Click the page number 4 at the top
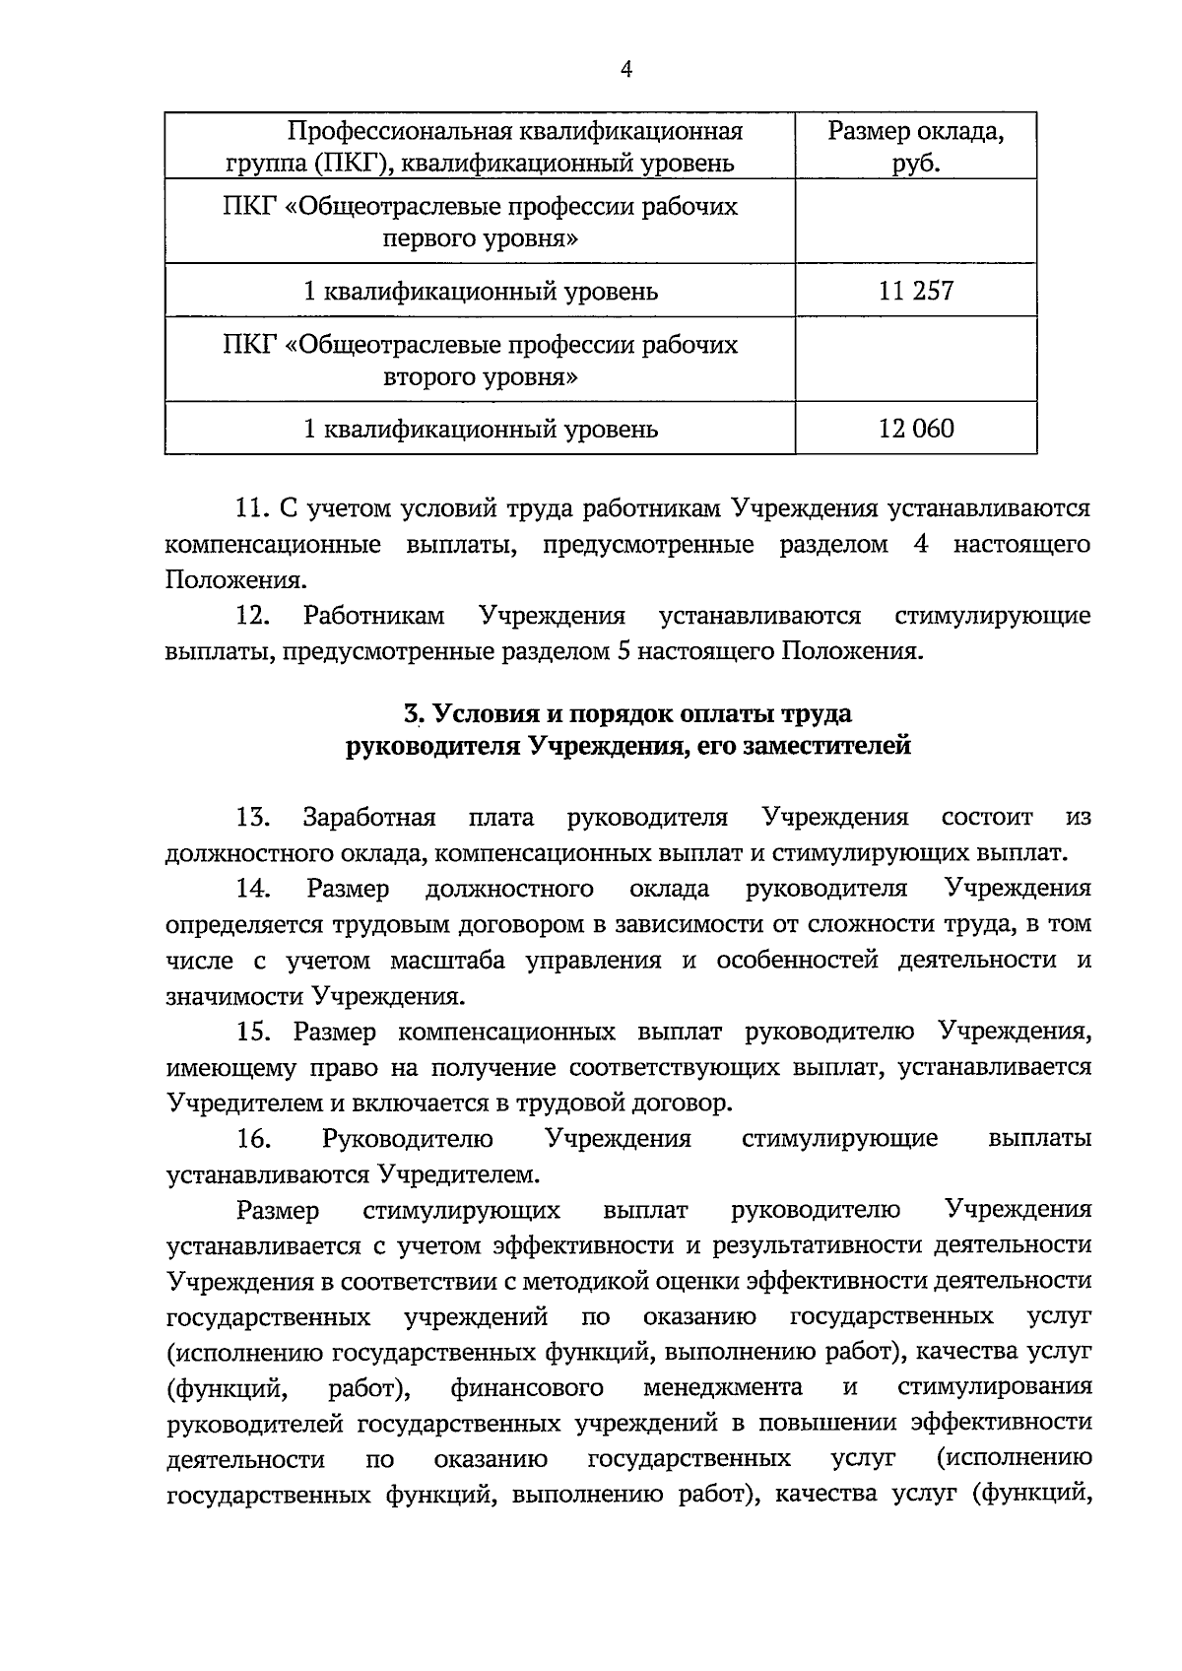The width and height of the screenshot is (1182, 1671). click(626, 69)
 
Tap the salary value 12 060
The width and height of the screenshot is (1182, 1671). click(916, 429)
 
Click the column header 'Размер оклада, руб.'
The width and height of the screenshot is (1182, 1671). click(916, 146)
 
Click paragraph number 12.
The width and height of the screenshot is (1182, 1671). click(253, 617)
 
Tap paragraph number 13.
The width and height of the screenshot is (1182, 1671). click(253, 818)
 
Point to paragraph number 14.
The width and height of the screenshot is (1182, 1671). click(253, 889)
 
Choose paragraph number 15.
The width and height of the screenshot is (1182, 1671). click(253, 1032)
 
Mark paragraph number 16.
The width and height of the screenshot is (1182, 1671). click(253, 1139)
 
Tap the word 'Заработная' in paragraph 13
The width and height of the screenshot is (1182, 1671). click(369, 818)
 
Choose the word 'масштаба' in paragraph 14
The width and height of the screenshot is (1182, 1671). click(447, 961)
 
